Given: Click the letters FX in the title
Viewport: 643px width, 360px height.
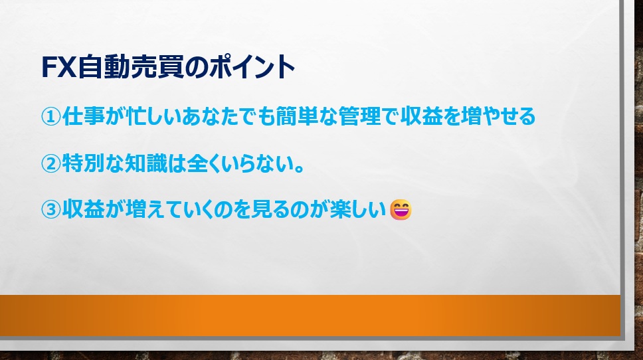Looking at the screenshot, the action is [59, 67].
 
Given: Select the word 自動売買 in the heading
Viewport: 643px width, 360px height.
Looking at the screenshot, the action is [130, 67].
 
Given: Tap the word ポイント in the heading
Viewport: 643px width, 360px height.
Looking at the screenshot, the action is [252, 67].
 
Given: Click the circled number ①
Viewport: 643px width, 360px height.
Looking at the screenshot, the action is [51, 116].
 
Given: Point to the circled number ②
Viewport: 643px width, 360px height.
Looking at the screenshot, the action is [51, 164].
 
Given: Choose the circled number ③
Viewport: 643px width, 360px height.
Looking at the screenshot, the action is [51, 209].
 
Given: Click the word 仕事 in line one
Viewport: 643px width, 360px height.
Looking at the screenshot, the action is [83, 116].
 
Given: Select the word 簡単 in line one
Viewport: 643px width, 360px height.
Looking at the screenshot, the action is [296, 116].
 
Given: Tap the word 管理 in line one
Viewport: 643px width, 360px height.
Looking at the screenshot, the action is [360, 116].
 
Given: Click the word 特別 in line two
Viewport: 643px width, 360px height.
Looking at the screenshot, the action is [83, 163].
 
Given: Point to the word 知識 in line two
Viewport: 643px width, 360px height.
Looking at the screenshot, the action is [146, 163].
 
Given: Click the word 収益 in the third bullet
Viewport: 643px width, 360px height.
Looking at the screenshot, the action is [83, 209].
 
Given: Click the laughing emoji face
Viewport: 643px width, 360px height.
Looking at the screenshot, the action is [401, 209].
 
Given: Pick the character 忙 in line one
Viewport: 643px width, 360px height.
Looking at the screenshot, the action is [137, 116].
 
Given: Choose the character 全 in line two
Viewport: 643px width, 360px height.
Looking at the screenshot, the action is [197, 163].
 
